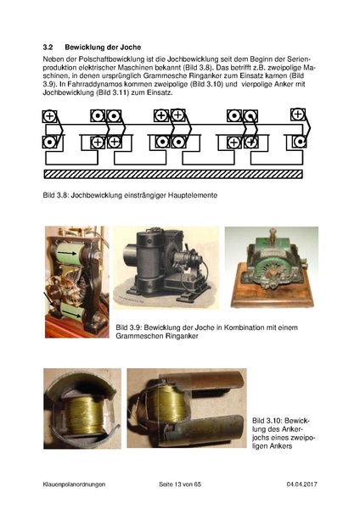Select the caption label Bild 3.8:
(58, 196)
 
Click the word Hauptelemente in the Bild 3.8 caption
(191, 196)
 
